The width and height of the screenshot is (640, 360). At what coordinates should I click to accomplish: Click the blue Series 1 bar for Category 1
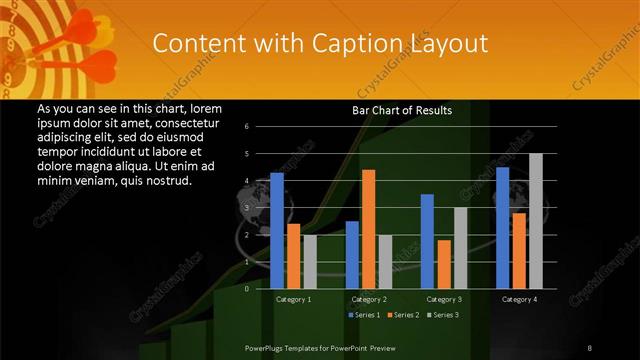click(277, 230)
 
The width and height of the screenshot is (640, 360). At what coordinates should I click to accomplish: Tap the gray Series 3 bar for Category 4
click(535, 220)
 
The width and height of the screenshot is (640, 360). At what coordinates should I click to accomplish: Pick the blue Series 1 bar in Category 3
click(427, 241)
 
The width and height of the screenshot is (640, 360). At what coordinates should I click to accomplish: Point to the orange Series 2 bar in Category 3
click(444, 264)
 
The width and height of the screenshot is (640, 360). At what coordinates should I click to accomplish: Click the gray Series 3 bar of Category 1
click(310, 261)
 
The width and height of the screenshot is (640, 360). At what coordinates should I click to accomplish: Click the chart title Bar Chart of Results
click(402, 110)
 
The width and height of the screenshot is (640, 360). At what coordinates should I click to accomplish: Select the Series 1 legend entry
click(364, 315)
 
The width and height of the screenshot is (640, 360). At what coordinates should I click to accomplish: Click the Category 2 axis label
click(368, 299)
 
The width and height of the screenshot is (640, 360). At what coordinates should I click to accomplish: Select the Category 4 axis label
click(518, 299)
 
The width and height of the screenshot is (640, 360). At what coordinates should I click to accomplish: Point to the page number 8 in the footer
click(589, 347)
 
